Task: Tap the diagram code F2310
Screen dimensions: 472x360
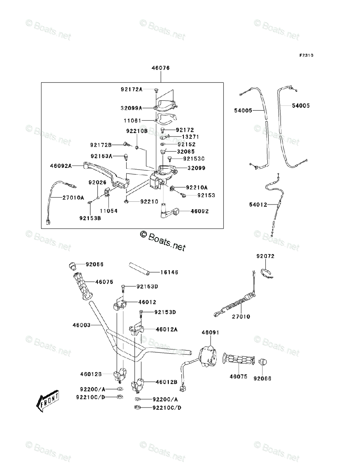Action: (x=305, y=55)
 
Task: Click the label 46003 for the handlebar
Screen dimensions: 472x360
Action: (x=82, y=325)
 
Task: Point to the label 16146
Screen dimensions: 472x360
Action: (x=169, y=272)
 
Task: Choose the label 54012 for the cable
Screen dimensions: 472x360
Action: (x=258, y=205)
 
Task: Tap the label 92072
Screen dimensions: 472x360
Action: (x=265, y=256)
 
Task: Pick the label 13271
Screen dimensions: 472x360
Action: (x=190, y=136)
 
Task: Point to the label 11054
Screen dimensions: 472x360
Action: (x=108, y=211)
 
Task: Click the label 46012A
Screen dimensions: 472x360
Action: (x=166, y=329)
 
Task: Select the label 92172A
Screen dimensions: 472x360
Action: (x=131, y=89)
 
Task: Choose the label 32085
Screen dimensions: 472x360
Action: (x=186, y=151)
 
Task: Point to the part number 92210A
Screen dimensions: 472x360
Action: (x=197, y=188)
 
